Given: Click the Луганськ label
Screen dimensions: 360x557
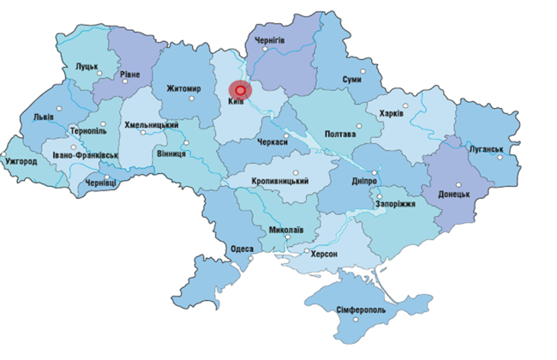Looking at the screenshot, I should tap(485, 148).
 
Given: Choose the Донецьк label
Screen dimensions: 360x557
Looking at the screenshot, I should tap(454, 195).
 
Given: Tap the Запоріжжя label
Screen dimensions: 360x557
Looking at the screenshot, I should tap(395, 204).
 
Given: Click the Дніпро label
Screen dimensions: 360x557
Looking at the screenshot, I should tap(364, 182).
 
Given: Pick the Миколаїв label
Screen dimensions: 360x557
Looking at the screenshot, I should tap(285, 231).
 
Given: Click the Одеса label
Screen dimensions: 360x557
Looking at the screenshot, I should tap(242, 249).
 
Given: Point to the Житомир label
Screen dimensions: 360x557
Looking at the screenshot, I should tap(184, 88).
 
